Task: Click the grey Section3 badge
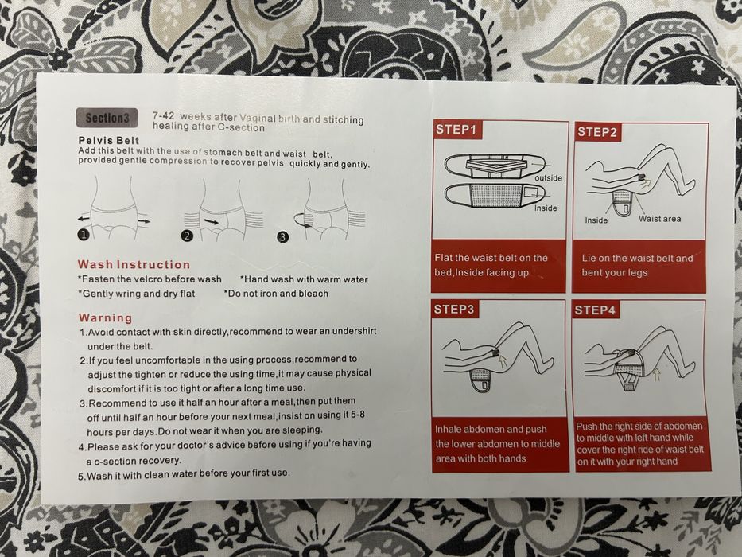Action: (x=107, y=118)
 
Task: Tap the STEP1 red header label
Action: (x=457, y=130)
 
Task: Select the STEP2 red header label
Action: (x=597, y=131)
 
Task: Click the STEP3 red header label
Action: (x=453, y=310)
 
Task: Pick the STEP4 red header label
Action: (x=595, y=310)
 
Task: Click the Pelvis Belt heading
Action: (x=109, y=140)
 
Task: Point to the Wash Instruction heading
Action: (x=134, y=264)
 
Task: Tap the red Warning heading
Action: (x=106, y=317)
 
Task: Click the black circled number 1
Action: (x=84, y=235)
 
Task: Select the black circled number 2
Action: (x=188, y=236)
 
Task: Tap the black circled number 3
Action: (x=282, y=237)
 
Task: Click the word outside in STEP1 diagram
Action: (x=549, y=178)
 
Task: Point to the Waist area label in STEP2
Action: (x=659, y=219)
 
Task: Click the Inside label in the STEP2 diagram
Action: (x=596, y=220)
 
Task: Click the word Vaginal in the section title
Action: (x=258, y=118)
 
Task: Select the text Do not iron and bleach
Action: (x=276, y=294)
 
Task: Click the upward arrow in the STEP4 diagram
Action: (x=656, y=376)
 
